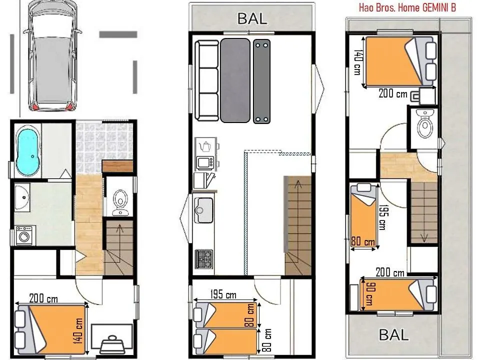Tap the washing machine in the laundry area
(x=24, y=235)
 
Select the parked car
(x=52, y=55)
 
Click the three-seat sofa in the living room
(x=207, y=80)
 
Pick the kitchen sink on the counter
(x=204, y=210)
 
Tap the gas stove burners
(x=204, y=259)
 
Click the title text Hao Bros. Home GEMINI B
(x=407, y=7)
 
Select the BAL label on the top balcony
(x=252, y=18)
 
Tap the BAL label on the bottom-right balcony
(x=393, y=334)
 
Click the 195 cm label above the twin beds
(x=223, y=295)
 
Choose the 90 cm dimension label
(x=369, y=294)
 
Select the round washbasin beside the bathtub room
(x=22, y=197)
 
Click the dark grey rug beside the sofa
(x=235, y=80)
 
